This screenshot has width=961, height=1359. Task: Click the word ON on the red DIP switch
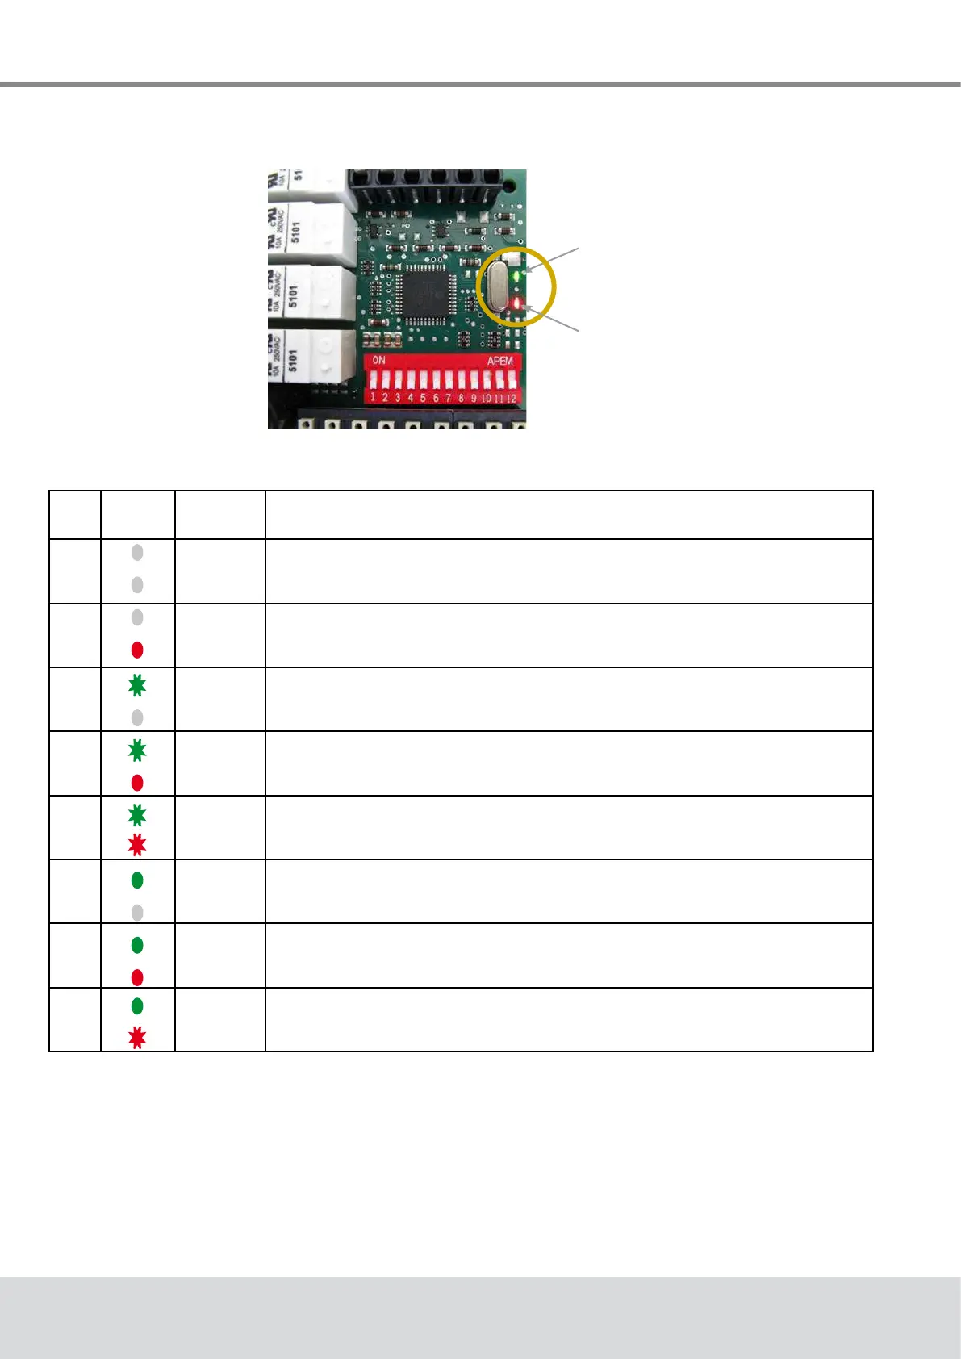[x=378, y=360]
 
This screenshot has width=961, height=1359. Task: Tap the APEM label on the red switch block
[x=499, y=361]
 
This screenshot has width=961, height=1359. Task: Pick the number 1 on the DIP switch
[x=373, y=397]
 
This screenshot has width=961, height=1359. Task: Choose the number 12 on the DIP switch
[x=511, y=398]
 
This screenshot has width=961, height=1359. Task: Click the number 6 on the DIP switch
[x=436, y=398]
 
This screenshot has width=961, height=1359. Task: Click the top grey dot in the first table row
[x=137, y=553]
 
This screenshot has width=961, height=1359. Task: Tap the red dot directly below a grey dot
[x=137, y=650]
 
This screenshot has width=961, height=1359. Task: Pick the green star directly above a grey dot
[x=137, y=686]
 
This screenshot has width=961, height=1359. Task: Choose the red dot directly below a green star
[x=137, y=783]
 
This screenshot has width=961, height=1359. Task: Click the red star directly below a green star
[x=137, y=845]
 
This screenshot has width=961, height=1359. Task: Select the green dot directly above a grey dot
[x=137, y=880]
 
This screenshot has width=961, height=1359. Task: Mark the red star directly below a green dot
[x=137, y=1037]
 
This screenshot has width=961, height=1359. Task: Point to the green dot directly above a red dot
[x=137, y=944]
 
